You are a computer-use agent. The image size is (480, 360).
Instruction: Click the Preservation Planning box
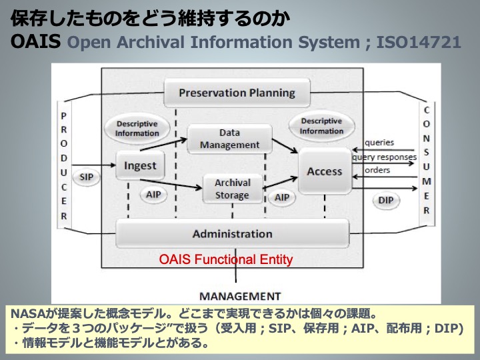tap(237, 93)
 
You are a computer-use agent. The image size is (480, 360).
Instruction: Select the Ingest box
tap(140, 166)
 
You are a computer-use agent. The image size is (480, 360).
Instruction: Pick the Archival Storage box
tap(232, 189)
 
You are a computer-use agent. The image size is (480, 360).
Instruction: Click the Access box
tap(324, 171)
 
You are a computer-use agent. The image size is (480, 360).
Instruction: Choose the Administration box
tap(232, 234)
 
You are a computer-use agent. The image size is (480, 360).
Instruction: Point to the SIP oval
tap(86, 177)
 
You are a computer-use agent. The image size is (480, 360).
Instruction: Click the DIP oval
tap(385, 200)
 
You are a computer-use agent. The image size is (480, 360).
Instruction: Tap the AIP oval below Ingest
tap(153, 195)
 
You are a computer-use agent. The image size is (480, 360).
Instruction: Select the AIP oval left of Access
tap(282, 197)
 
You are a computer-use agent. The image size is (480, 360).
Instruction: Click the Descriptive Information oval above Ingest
tap(137, 128)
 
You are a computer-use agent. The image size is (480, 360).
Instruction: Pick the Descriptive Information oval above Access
tap(321, 126)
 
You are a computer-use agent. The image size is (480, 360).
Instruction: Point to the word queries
tap(380, 143)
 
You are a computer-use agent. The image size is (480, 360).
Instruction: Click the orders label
tap(377, 170)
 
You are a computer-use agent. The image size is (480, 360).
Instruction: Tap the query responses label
tap(384, 157)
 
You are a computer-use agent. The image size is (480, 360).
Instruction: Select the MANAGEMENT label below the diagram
tap(240, 295)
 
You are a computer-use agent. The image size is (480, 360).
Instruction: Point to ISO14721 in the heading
tap(418, 43)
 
